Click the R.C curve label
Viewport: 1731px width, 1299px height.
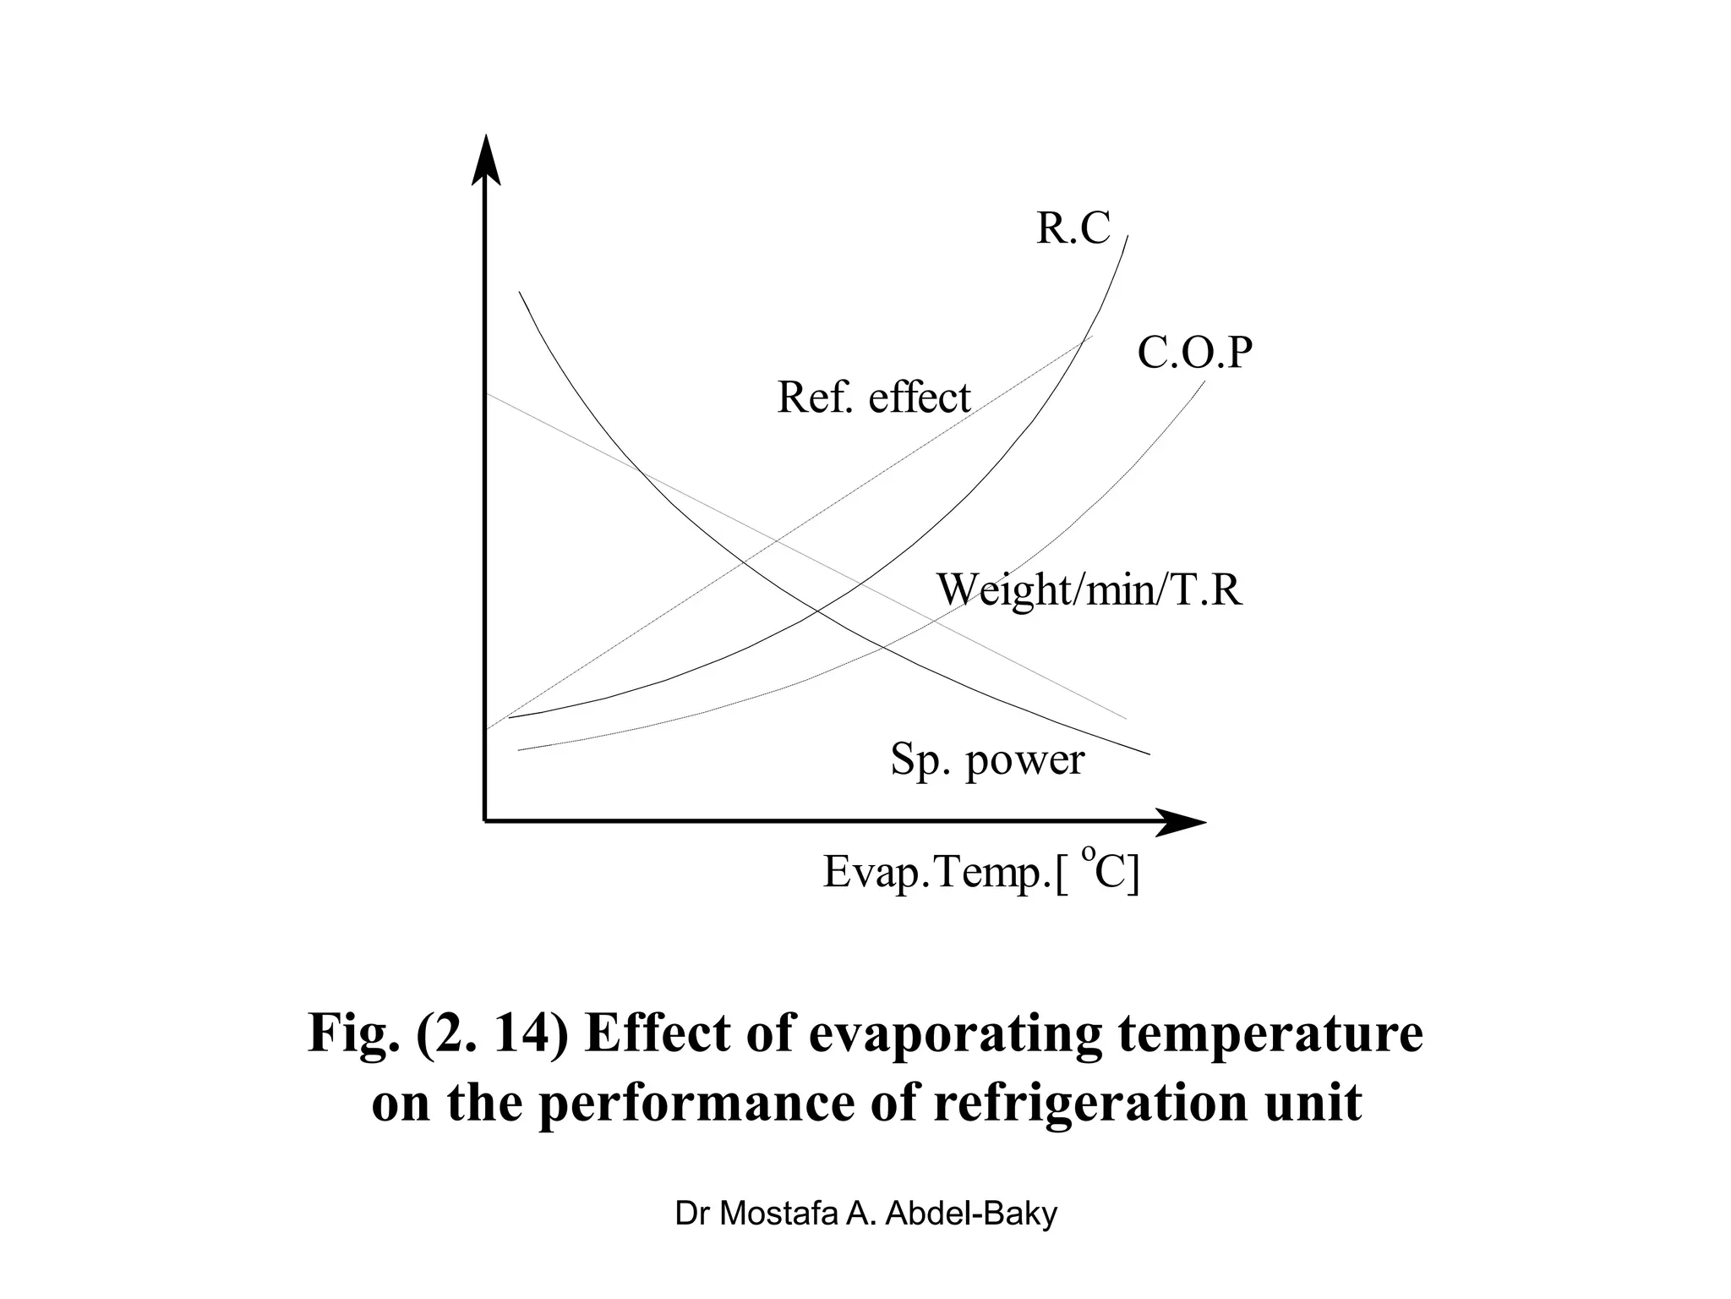tap(1073, 228)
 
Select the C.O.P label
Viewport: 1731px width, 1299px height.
tap(1194, 353)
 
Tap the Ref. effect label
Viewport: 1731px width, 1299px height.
tap(874, 397)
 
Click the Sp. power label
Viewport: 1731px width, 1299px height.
tap(987, 759)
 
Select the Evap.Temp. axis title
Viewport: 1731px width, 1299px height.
tap(980, 873)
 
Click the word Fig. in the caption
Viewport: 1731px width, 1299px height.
tap(352, 1033)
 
